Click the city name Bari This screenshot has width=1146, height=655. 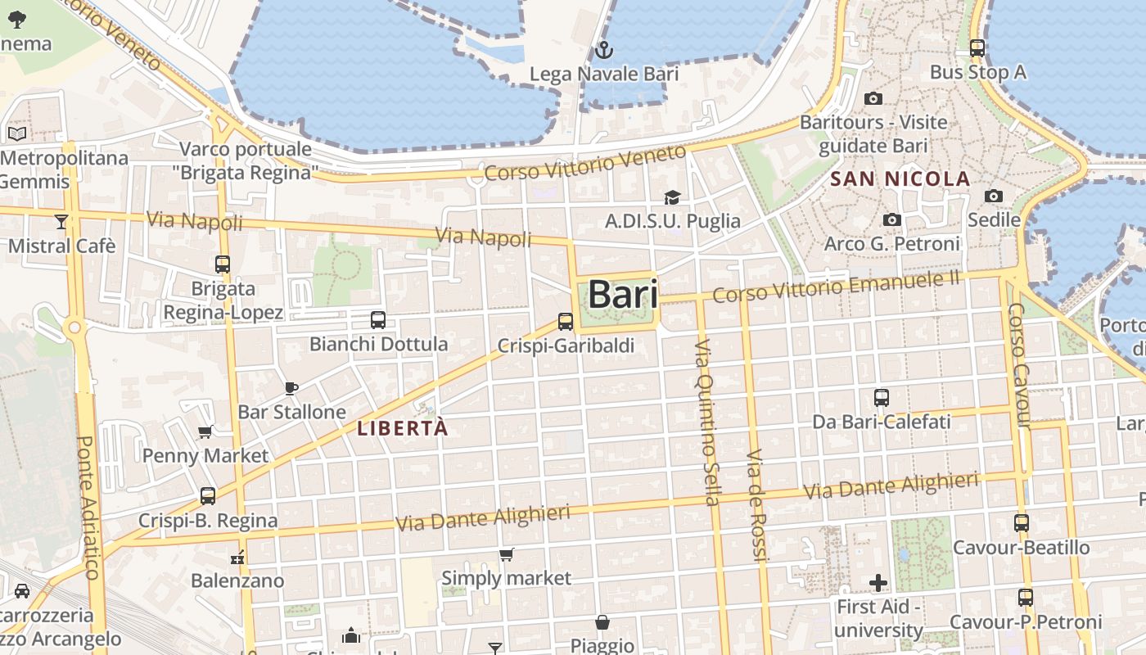[x=623, y=295]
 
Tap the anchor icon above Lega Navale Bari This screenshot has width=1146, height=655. [x=603, y=51]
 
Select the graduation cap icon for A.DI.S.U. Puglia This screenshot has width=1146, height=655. [x=672, y=197]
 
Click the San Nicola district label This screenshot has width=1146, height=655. [x=900, y=178]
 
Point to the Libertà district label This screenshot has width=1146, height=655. [x=403, y=427]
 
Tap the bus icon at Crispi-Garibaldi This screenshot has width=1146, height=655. [x=566, y=322]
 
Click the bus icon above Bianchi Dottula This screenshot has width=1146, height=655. [x=378, y=320]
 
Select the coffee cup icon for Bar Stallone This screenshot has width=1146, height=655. [x=291, y=388]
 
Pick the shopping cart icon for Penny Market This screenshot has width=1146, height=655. [x=205, y=431]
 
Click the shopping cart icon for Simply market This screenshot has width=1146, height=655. [x=507, y=554]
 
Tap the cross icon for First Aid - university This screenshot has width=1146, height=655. [x=878, y=583]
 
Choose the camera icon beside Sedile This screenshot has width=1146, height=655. [x=994, y=196]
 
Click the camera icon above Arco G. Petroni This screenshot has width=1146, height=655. [x=892, y=220]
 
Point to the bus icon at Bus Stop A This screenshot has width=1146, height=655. [x=977, y=48]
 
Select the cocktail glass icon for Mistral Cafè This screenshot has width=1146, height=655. [x=61, y=222]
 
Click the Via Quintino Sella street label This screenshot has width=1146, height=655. [x=707, y=422]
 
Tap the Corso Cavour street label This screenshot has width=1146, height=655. [x=1018, y=365]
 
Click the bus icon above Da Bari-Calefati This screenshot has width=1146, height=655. [x=882, y=398]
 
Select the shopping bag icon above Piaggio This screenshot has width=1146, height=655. [x=602, y=622]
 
